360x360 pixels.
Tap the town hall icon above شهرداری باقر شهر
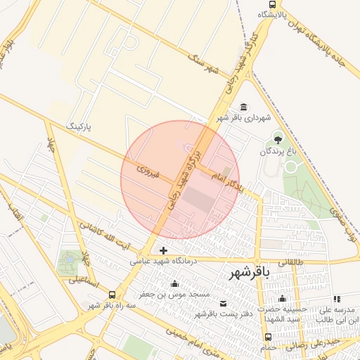point(243,107)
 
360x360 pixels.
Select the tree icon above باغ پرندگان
point(278,137)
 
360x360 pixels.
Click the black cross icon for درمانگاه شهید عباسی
point(163,250)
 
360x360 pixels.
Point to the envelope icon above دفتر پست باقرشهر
point(224,304)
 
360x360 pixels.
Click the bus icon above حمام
point(266,336)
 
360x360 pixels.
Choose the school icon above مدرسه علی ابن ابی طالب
point(333,299)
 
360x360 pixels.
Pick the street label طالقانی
point(293,262)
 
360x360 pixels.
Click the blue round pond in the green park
point(69,261)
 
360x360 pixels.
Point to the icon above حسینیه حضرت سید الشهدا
point(282,299)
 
